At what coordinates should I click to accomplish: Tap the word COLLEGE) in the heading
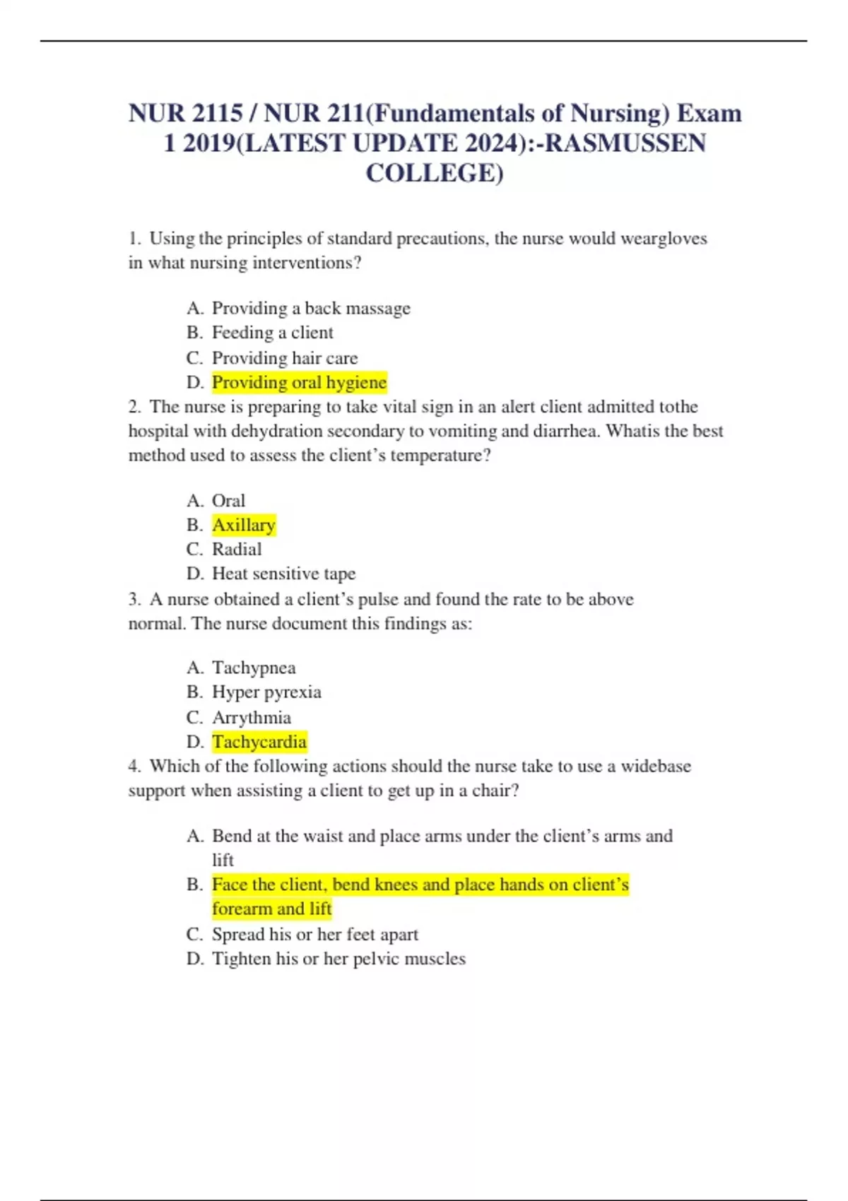point(435,173)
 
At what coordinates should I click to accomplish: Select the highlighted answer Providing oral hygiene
point(299,382)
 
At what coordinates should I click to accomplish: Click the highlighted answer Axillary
point(244,525)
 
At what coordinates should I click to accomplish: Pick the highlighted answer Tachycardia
point(259,742)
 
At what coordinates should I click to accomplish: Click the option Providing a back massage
point(311,308)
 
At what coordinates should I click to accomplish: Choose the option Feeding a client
point(272,333)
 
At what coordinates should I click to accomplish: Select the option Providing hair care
point(285,357)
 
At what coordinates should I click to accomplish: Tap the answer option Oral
point(228,501)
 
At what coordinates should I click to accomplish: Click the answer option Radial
point(237,550)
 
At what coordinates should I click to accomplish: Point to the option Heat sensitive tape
point(283,574)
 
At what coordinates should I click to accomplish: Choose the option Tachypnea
point(254,668)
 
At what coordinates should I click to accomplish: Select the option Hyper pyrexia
point(266,692)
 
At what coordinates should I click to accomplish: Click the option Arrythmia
point(252,717)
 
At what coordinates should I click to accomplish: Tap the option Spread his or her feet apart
point(315,934)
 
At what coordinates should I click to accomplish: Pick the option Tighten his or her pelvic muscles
point(338,959)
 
